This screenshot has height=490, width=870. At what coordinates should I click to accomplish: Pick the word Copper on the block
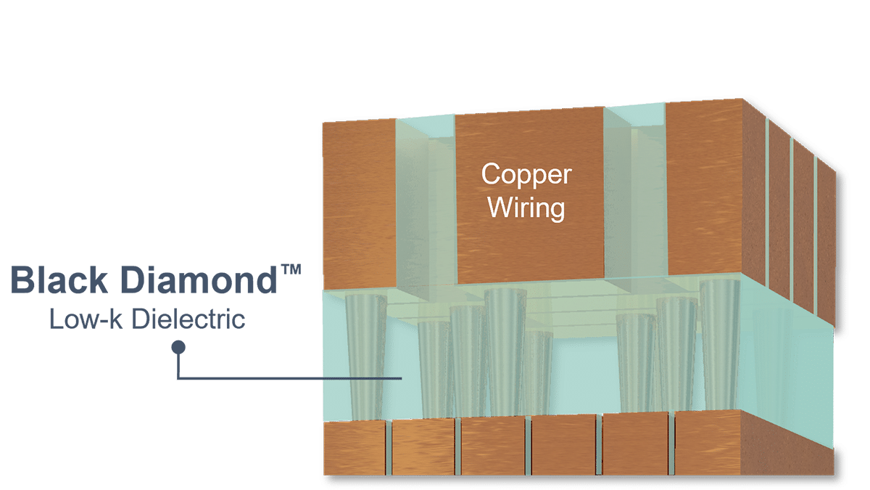click(526, 175)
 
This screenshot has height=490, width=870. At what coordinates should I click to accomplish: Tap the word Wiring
click(526, 208)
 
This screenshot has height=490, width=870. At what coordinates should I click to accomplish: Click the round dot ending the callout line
click(177, 348)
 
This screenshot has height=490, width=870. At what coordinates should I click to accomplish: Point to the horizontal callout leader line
click(290, 378)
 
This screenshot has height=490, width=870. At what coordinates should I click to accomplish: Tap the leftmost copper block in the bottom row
click(354, 449)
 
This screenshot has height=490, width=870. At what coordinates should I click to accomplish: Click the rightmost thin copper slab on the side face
click(826, 240)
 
